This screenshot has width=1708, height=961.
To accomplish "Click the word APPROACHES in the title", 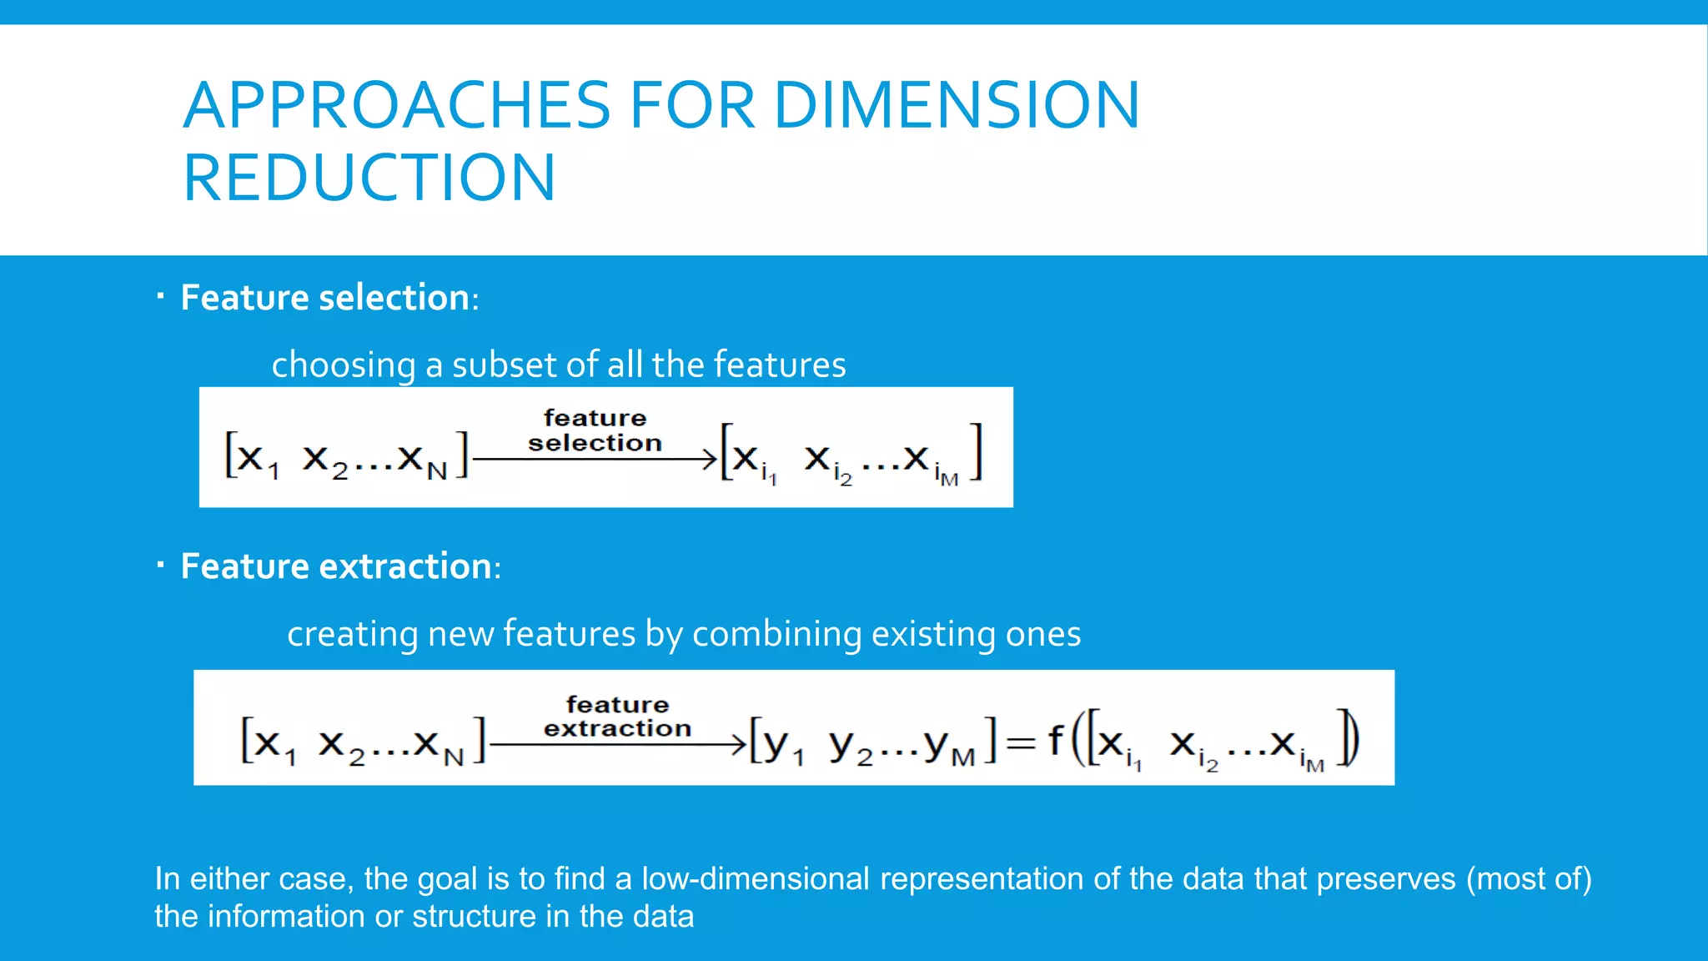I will tap(397, 105).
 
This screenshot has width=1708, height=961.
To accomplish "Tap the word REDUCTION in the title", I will tap(369, 178).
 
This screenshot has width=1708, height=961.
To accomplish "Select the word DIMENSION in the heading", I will tap(957, 105).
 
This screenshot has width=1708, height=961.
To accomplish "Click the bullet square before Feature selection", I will tap(160, 295).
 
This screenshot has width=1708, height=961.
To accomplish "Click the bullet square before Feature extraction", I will tap(160, 565).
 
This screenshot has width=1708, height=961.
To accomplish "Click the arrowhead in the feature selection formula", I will tap(710, 458).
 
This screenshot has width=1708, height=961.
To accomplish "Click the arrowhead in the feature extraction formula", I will tap(738, 743).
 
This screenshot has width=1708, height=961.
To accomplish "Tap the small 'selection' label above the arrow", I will tap(595, 443).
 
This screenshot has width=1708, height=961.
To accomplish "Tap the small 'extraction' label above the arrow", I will tap(617, 728).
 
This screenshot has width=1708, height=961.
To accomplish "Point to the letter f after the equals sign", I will tap(1055, 739).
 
